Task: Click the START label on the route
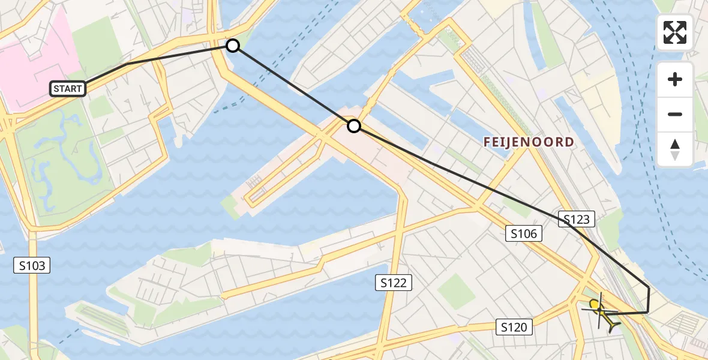click(68, 89)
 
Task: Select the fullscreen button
click(675, 32)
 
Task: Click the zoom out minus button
click(675, 114)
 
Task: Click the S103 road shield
click(32, 265)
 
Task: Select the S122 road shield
click(394, 282)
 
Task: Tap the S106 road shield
click(524, 234)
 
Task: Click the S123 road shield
click(577, 220)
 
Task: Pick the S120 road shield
click(515, 327)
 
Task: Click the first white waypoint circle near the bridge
click(232, 46)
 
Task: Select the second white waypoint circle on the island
click(354, 125)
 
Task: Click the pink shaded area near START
click(36, 54)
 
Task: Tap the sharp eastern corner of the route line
click(649, 289)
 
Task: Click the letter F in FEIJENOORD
click(488, 142)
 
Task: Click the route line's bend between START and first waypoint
click(127, 63)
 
